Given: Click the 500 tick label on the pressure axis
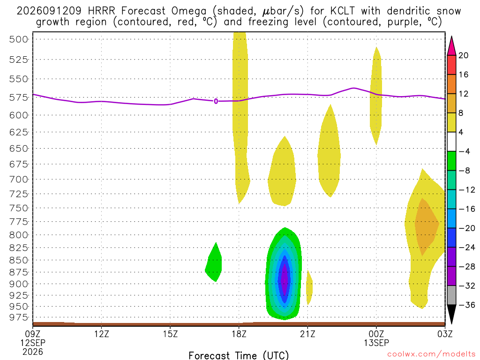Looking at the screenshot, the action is pyautogui.click(x=19, y=39).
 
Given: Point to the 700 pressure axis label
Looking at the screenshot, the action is pyautogui.click(x=19, y=179).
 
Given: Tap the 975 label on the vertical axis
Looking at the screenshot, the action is pyautogui.click(x=19, y=317).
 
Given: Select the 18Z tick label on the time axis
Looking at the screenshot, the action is pyautogui.click(x=239, y=333).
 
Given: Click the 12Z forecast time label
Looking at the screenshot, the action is pyautogui.click(x=102, y=333).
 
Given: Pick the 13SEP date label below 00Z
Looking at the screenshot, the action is pyautogui.click(x=376, y=343).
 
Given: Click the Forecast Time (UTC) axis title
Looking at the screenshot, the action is pyautogui.click(x=239, y=355).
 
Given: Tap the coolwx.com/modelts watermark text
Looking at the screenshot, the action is pyautogui.click(x=431, y=354).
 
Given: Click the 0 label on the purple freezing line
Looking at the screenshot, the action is pyautogui.click(x=216, y=101).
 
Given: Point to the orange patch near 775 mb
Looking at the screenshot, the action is pyautogui.click(x=426, y=226).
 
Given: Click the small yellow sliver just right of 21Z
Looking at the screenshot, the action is pyautogui.click(x=309, y=287).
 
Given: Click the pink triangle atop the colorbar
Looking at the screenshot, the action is pyautogui.click(x=451, y=46).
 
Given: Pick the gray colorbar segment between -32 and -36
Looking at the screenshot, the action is pyautogui.click(x=451, y=295).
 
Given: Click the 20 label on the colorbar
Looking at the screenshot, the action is pyautogui.click(x=464, y=55).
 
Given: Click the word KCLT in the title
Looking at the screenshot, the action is pyautogui.click(x=342, y=11).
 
